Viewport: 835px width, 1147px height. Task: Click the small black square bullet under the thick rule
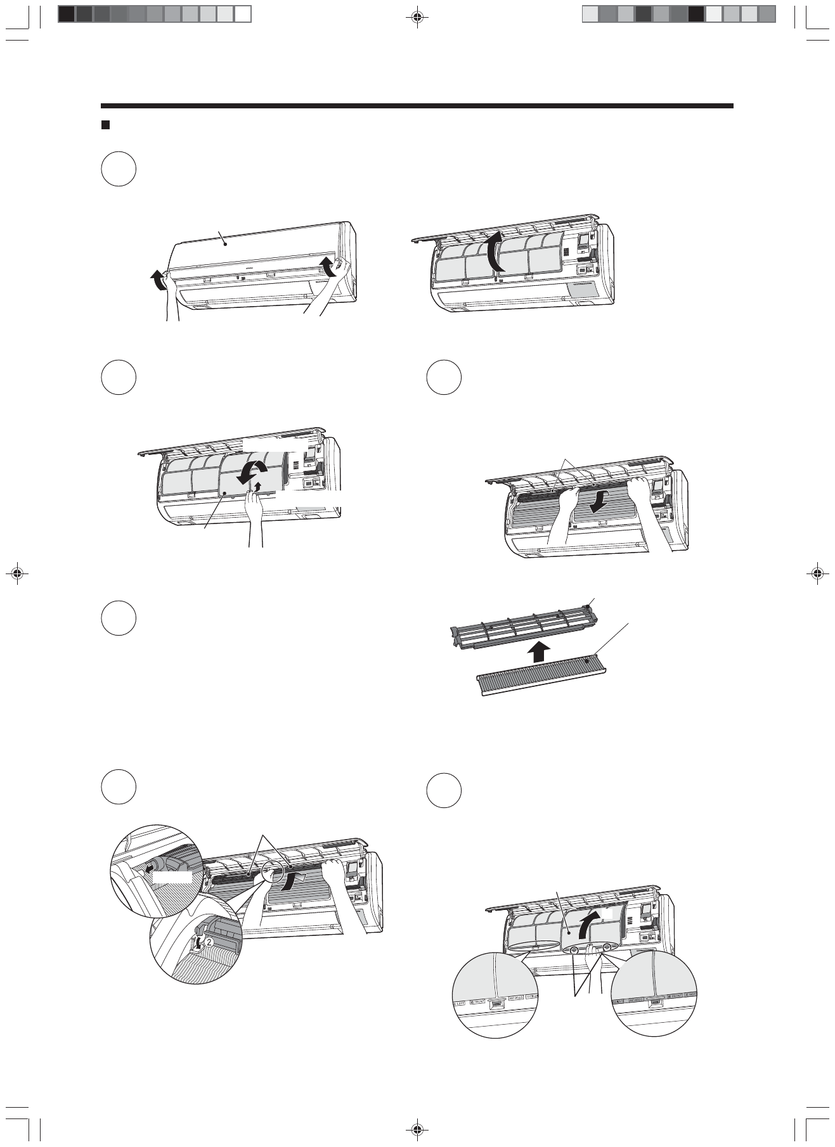(106, 125)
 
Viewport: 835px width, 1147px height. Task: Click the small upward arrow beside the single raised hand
(257, 486)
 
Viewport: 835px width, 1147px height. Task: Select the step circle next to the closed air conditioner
(119, 169)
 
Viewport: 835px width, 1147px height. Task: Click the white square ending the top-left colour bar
(243, 14)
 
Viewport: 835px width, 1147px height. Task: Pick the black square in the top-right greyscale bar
(696, 14)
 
